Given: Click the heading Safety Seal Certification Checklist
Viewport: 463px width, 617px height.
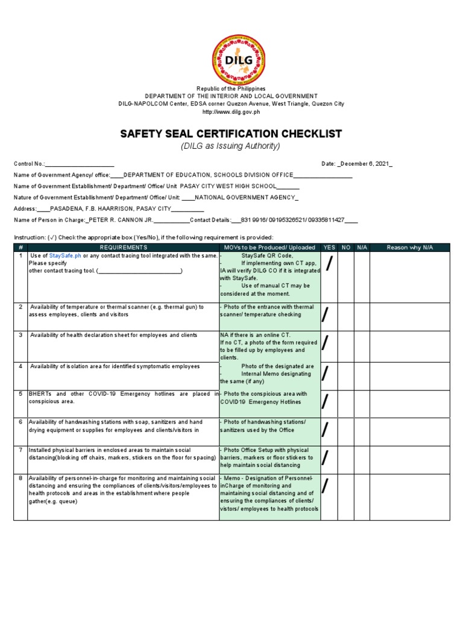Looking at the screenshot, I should point(232,133).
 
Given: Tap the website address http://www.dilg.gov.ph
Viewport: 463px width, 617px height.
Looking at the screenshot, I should point(231,112).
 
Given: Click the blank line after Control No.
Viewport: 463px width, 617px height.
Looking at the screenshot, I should point(80,164).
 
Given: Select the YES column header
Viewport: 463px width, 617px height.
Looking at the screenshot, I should point(329,247).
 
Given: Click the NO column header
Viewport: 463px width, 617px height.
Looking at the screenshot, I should point(346,247).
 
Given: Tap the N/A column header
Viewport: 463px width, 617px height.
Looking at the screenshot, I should point(362,247).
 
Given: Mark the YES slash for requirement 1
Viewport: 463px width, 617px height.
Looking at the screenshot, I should point(329,263).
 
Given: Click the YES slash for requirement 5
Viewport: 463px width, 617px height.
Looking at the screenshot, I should point(326,401).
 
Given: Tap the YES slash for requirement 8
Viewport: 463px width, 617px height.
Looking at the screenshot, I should point(326,485).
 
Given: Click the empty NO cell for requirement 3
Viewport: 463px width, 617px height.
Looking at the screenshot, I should point(346,345).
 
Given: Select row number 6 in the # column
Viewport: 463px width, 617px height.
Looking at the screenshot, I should point(20,422).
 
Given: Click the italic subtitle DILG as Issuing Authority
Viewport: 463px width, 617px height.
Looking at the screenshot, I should point(232,146).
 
